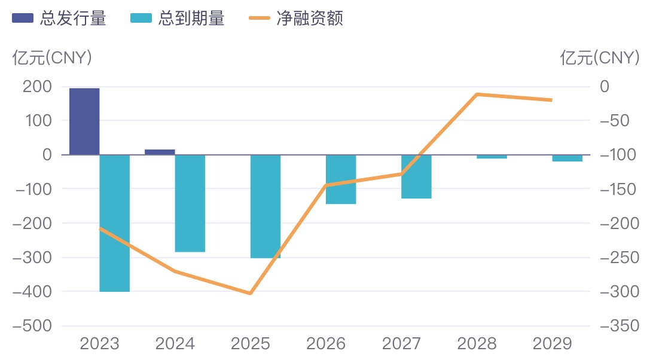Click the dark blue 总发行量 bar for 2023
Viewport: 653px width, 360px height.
tap(84, 121)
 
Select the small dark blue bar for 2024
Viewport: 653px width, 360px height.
tap(160, 152)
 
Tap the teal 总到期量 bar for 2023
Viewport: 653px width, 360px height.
tap(115, 223)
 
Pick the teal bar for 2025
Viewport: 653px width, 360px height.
tap(266, 206)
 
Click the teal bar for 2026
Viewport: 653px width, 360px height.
tap(341, 179)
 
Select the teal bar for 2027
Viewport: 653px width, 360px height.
tap(416, 176)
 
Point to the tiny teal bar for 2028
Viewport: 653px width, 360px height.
tap(492, 157)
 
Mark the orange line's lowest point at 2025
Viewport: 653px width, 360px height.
tap(251, 294)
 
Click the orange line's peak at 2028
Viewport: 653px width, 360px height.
tap(477, 94)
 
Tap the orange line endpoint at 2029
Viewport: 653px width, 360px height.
tap(552, 100)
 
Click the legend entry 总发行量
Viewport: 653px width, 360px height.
tap(59, 19)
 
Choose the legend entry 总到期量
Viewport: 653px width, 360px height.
tap(178, 19)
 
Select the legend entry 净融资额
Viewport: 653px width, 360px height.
tap(295, 19)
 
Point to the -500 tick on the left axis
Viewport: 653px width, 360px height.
tap(32, 326)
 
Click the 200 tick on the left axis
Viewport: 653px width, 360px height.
tap(37, 87)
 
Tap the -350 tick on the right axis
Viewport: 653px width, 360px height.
tap(620, 326)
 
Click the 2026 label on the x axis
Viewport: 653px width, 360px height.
tap(326, 344)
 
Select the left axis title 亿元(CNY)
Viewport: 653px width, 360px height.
tap(52, 57)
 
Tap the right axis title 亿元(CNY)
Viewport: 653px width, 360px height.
tap(599, 57)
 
